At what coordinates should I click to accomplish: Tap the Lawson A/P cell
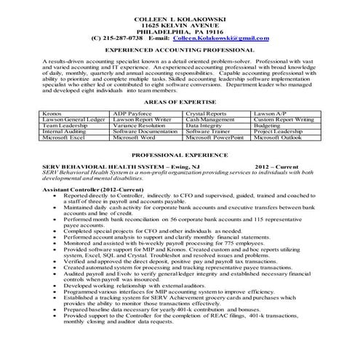coord(276,113)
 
